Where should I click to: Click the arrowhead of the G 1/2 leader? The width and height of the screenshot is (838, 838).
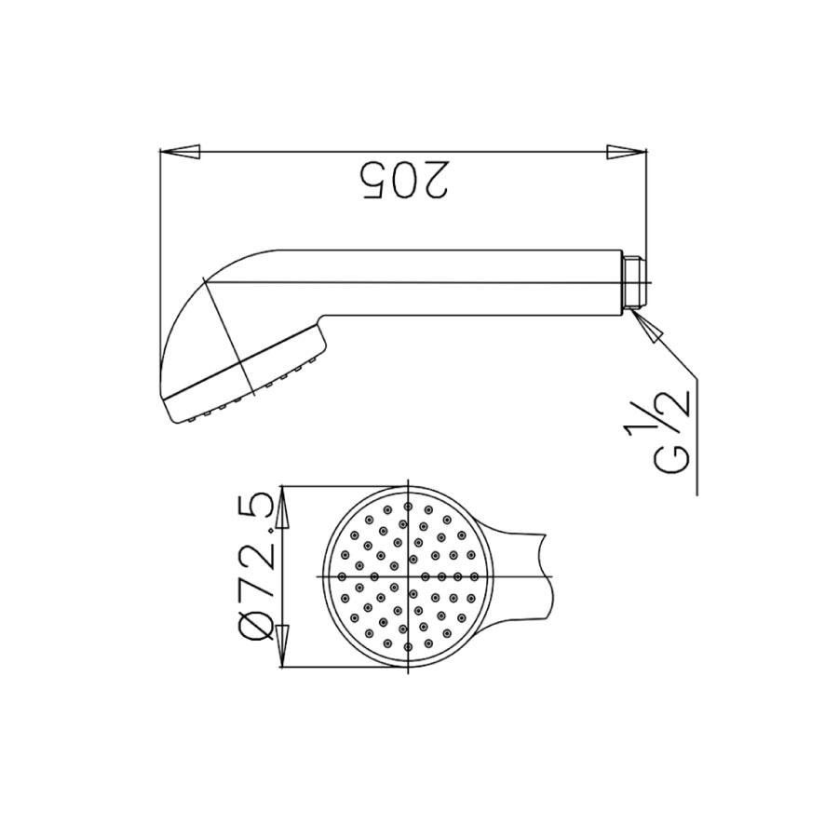(x=648, y=326)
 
